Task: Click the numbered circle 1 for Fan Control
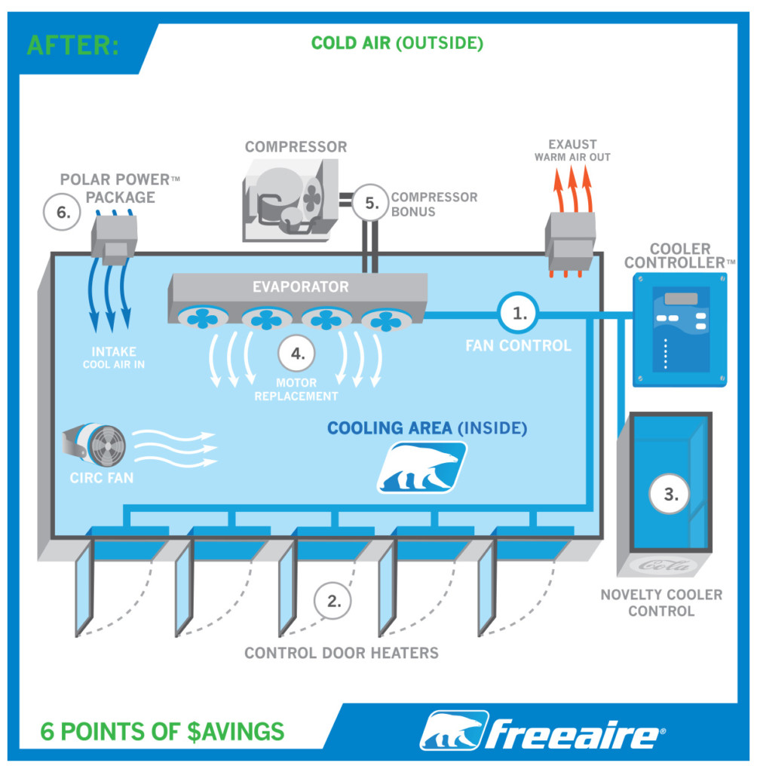tap(518, 313)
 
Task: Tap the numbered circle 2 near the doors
tap(333, 601)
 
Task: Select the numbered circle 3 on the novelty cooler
tap(670, 495)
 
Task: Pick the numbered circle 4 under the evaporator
tap(296, 354)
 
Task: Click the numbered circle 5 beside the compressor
tap(371, 203)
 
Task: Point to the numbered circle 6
tap(62, 212)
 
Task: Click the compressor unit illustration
tap(290, 201)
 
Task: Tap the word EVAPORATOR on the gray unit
tap(300, 286)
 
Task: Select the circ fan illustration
tap(94, 445)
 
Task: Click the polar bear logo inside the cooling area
tap(421, 467)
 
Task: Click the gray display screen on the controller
tap(681, 299)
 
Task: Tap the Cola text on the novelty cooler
tap(664, 565)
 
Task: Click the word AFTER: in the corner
tap(73, 45)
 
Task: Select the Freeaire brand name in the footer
tap(573, 734)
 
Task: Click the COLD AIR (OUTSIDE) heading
tap(397, 43)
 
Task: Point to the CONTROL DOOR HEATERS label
tap(342, 653)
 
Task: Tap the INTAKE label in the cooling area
tap(114, 351)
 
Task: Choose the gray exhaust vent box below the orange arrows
tap(570, 241)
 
